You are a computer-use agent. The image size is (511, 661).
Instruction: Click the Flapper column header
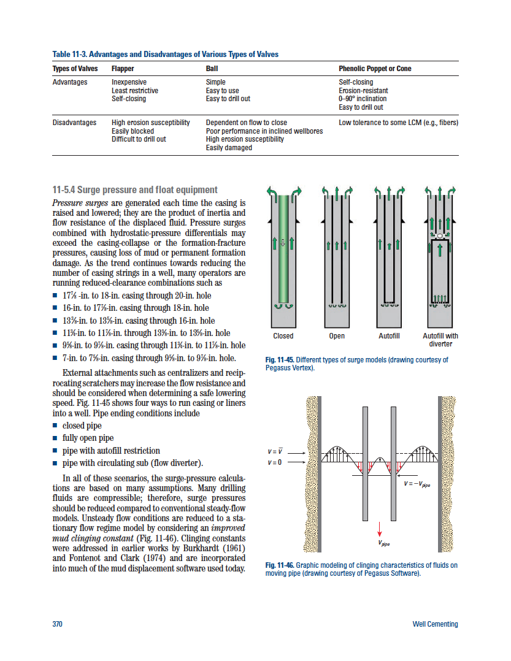(x=123, y=69)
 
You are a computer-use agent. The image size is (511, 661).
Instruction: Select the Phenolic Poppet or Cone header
(x=375, y=69)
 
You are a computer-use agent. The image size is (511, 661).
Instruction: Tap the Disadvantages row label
(x=74, y=123)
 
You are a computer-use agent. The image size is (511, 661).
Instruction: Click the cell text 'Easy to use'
(x=222, y=91)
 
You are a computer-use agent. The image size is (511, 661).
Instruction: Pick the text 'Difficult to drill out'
(x=139, y=139)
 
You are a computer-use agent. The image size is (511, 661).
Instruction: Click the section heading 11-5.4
(x=135, y=190)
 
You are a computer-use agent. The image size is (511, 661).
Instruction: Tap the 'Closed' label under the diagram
(x=283, y=336)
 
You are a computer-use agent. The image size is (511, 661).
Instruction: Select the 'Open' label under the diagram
(x=337, y=336)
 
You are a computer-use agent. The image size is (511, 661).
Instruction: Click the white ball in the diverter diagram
(x=440, y=235)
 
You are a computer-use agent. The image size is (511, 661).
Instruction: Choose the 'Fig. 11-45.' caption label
(x=280, y=360)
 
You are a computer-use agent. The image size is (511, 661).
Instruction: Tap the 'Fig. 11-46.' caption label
(x=280, y=565)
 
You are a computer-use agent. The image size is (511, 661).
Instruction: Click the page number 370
(x=58, y=624)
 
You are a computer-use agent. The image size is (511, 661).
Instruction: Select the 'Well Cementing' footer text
(x=436, y=624)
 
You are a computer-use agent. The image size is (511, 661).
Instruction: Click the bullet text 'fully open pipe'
(x=88, y=438)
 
